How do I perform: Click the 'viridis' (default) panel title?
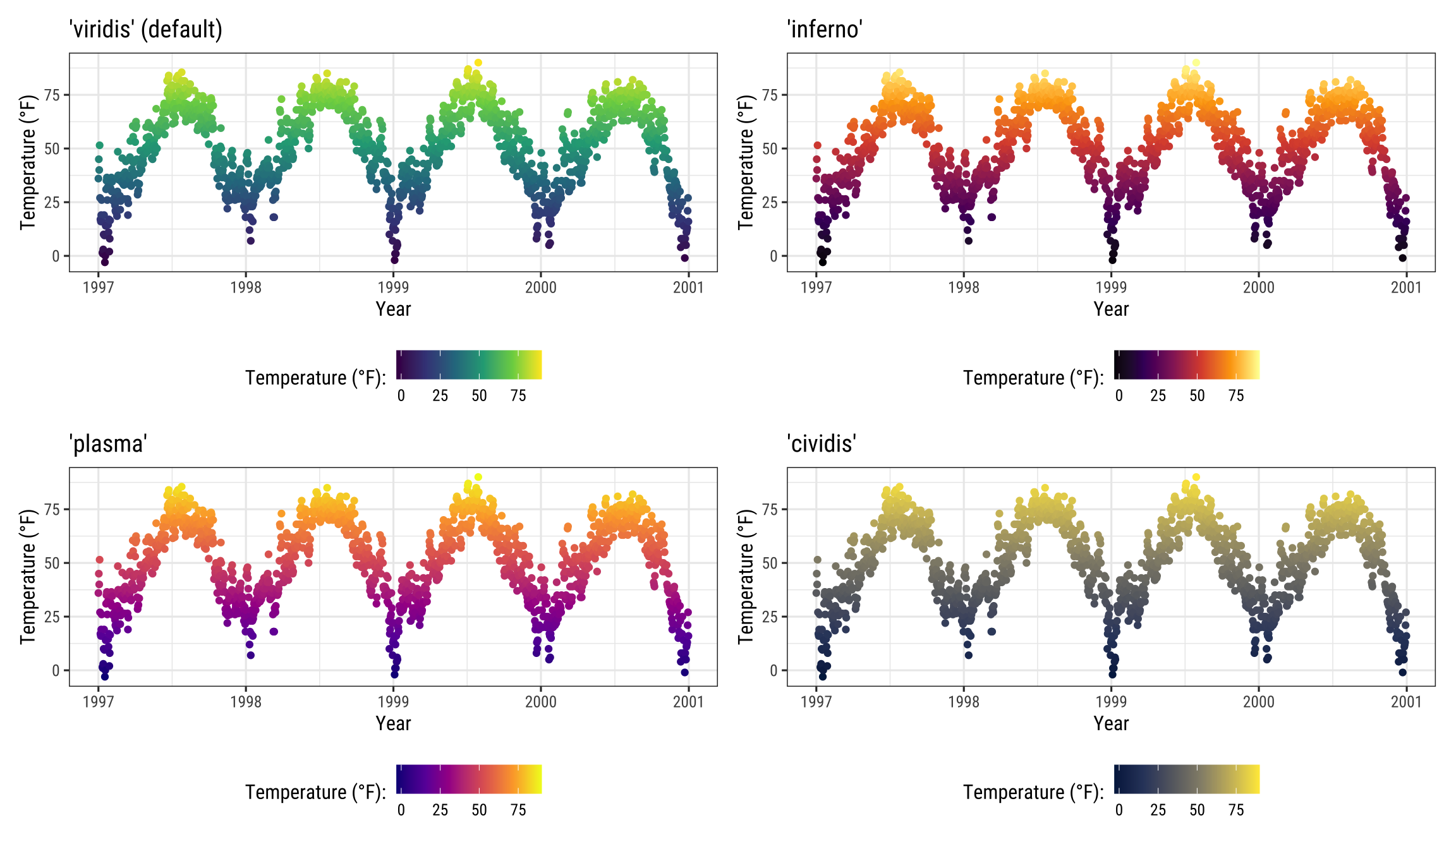click(x=145, y=30)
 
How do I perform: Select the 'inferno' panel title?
click(x=825, y=30)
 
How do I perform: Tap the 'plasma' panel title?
click(x=108, y=444)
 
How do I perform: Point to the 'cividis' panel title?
click(x=822, y=444)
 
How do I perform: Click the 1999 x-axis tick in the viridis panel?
click(x=393, y=287)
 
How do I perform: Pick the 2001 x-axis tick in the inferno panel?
click(x=1406, y=287)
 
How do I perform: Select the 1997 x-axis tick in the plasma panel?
click(x=99, y=702)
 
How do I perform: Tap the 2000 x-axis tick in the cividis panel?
click(x=1259, y=702)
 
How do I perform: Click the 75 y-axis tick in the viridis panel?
click(x=52, y=95)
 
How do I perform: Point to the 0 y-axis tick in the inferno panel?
click(x=773, y=256)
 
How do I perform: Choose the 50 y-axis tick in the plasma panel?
click(x=52, y=563)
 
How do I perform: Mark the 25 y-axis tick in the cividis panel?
click(x=770, y=617)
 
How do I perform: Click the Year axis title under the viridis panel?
click(x=393, y=310)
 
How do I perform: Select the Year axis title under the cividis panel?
click(x=1111, y=724)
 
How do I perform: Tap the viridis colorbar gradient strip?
click(x=469, y=364)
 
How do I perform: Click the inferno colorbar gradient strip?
click(x=1187, y=364)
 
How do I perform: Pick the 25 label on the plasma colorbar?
click(x=440, y=810)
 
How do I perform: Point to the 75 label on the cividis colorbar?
click(x=1236, y=810)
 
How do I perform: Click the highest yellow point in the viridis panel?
click(x=478, y=63)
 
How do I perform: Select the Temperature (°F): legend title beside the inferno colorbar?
click(x=1033, y=378)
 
